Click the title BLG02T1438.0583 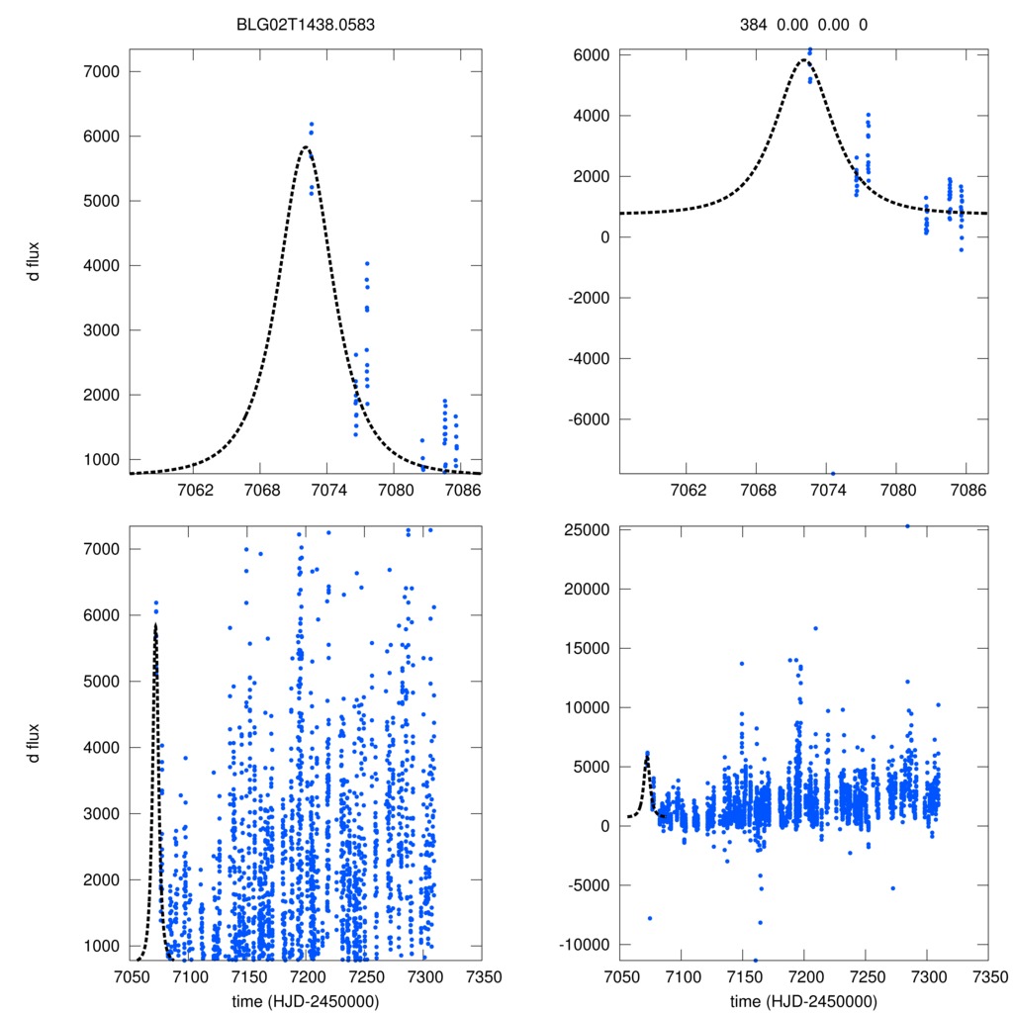(x=305, y=24)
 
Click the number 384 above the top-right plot (x=754, y=24)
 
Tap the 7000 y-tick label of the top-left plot (x=101, y=71)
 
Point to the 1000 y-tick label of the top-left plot (x=101, y=460)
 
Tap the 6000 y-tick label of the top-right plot (x=591, y=55)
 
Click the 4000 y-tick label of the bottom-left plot (x=101, y=747)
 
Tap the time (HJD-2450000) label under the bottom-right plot (x=803, y=1000)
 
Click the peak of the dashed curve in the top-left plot (x=306, y=146)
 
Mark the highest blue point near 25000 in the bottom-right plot (x=907, y=526)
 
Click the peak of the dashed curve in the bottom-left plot (x=155, y=625)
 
